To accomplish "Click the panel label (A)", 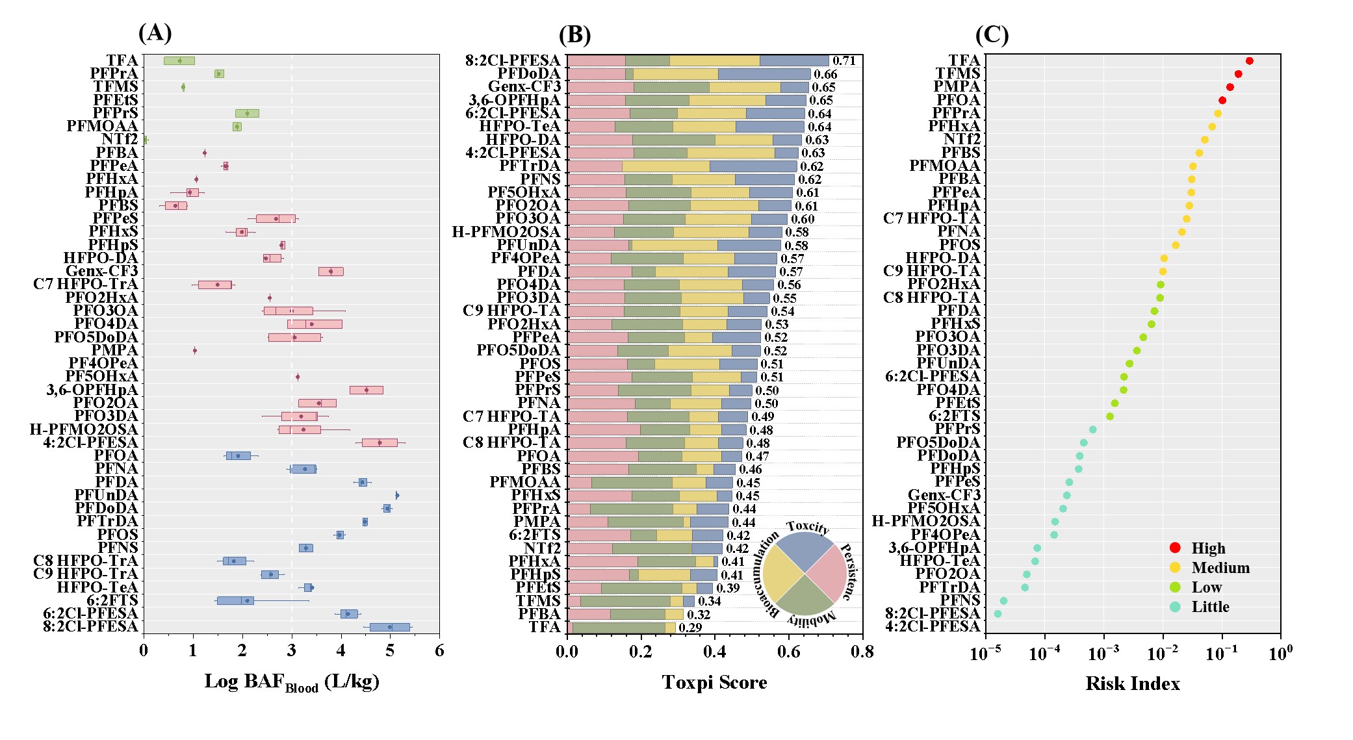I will pos(155,32).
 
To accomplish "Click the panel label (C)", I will pos(992,34).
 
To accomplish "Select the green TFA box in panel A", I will pos(179,60).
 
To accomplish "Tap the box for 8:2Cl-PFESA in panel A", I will pos(390,627).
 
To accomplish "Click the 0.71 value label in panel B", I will pos(844,60).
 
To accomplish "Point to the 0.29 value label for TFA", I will pos(690,628).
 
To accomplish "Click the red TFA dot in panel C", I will pos(1249,61).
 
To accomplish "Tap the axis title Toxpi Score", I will pos(714,682).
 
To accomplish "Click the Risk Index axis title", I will pos(1132,683).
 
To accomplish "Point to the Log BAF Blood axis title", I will pos(291,682).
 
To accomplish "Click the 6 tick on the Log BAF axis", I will pos(439,651).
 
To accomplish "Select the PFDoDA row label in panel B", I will pos(528,73).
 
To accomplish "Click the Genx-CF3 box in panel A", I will pos(331,272).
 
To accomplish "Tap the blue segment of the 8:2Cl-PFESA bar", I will pos(794,60).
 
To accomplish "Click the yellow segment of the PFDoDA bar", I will pos(675,74).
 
